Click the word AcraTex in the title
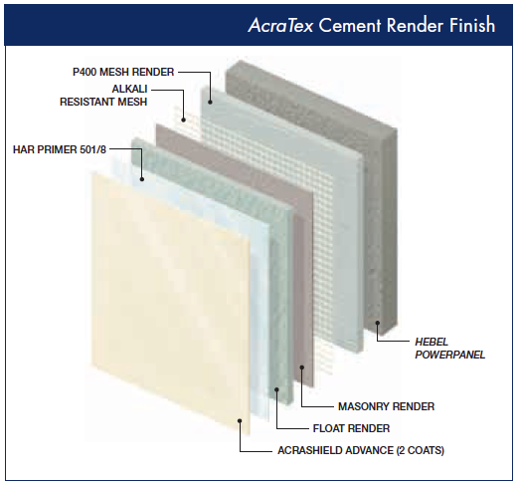(x=280, y=25)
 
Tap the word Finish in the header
(x=472, y=25)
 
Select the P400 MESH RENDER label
(x=123, y=72)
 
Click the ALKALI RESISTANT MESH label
(x=103, y=96)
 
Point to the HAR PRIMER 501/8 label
(x=60, y=149)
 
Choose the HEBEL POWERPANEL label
(x=449, y=349)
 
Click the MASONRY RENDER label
(x=386, y=406)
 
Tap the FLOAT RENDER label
(x=351, y=428)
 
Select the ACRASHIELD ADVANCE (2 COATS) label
(x=361, y=450)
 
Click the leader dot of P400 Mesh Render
(x=210, y=103)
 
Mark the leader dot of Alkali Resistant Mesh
(x=183, y=120)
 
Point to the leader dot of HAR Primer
(x=142, y=179)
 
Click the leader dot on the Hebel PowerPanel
(x=377, y=323)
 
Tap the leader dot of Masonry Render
(x=301, y=366)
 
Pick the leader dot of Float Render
(x=276, y=389)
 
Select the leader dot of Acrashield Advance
(x=240, y=420)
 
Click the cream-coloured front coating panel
(x=171, y=299)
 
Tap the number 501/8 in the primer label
(x=92, y=149)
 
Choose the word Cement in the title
(x=350, y=26)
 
